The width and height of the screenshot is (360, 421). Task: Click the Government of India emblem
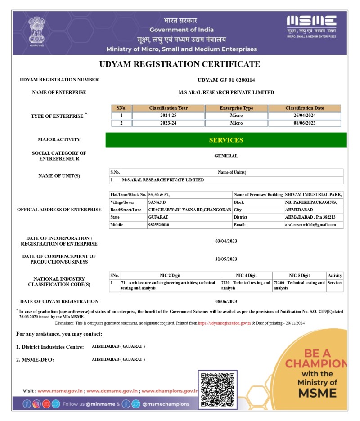pyautogui.click(x=34, y=31)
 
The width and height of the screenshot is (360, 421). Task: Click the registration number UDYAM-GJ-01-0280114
pyautogui.click(x=226, y=80)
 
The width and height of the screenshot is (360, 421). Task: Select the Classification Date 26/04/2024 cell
pyautogui.click(x=305, y=116)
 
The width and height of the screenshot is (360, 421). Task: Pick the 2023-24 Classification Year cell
pyautogui.click(x=169, y=123)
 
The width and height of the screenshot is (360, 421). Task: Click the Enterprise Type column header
pyautogui.click(x=236, y=108)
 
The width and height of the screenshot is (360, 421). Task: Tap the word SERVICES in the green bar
pyautogui.click(x=226, y=140)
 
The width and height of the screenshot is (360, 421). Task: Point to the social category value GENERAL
pyautogui.click(x=226, y=156)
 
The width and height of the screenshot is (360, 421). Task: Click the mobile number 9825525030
pyautogui.click(x=159, y=224)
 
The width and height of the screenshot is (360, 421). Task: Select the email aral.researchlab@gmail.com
pyautogui.click(x=310, y=224)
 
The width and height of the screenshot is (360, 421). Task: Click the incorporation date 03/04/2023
pyautogui.click(x=226, y=241)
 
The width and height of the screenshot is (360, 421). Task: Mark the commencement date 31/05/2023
pyautogui.click(x=226, y=259)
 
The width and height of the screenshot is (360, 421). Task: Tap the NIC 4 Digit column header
pyautogui.click(x=246, y=275)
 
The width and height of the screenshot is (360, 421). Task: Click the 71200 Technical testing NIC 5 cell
pyautogui.click(x=299, y=285)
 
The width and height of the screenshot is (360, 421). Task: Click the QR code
pyautogui.click(x=217, y=390)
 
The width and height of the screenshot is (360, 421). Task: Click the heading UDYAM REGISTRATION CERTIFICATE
pyautogui.click(x=180, y=64)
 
